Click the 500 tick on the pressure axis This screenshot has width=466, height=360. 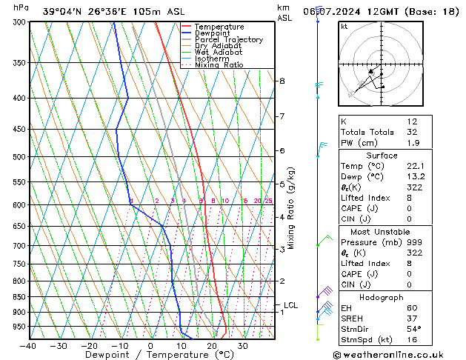point(19,157)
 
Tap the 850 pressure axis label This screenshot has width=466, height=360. point(19,297)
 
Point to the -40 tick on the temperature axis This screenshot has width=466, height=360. point(28,346)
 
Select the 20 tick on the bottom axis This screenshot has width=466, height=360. point(212,346)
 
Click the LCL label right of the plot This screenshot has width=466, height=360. point(290,305)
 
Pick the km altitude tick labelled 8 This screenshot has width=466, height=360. point(282,81)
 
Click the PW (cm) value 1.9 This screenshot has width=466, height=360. point(411,143)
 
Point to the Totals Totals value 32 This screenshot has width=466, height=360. point(411,132)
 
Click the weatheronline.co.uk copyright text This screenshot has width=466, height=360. point(399,354)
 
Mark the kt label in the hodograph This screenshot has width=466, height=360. point(344,27)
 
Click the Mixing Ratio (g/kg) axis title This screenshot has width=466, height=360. point(291,208)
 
